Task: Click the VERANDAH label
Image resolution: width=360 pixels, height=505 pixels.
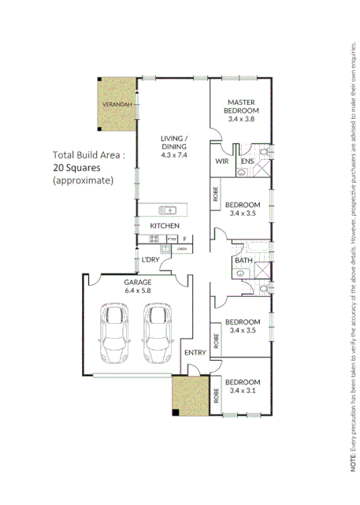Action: (x=114, y=104)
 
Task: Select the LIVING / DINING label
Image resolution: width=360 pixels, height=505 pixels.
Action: (x=174, y=142)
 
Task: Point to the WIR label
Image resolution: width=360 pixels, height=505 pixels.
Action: (x=222, y=162)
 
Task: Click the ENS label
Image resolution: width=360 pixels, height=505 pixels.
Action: (x=247, y=162)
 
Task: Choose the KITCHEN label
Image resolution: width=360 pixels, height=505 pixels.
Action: (x=165, y=226)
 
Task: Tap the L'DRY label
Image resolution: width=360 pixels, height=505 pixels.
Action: (x=150, y=260)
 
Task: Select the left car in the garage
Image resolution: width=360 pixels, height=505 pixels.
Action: (x=114, y=333)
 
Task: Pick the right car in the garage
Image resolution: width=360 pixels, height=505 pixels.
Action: (x=157, y=333)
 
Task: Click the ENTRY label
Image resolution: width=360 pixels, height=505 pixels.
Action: (x=194, y=352)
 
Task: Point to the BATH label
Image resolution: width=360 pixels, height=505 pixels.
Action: (x=243, y=261)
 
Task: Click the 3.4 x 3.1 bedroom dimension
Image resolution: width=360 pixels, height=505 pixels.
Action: (x=244, y=390)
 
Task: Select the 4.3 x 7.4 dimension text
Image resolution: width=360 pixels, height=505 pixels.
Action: (x=174, y=154)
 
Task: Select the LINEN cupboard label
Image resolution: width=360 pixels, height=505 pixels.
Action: (x=182, y=249)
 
